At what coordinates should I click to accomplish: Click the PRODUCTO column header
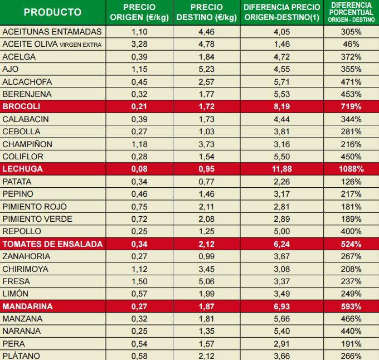(52, 12)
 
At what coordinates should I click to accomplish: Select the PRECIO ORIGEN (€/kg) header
(139, 12)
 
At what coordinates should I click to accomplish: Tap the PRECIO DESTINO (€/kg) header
(206, 12)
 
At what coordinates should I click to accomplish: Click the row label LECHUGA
(23, 169)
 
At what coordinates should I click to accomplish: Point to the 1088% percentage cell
(351, 169)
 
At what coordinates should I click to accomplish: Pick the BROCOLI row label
(22, 106)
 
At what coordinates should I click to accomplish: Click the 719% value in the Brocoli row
(351, 106)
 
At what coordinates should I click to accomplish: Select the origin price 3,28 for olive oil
(139, 44)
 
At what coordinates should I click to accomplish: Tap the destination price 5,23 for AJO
(206, 69)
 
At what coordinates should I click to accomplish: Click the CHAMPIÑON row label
(27, 144)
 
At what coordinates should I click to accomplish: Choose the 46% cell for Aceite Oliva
(351, 44)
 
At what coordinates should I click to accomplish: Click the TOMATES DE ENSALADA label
(53, 244)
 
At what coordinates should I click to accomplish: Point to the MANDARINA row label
(28, 307)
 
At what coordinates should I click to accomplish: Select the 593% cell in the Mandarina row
(351, 307)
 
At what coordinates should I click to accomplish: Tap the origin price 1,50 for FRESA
(139, 281)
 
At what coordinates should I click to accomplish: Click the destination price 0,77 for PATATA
(206, 182)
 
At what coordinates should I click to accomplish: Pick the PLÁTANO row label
(22, 356)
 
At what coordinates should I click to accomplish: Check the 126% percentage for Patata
(351, 182)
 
